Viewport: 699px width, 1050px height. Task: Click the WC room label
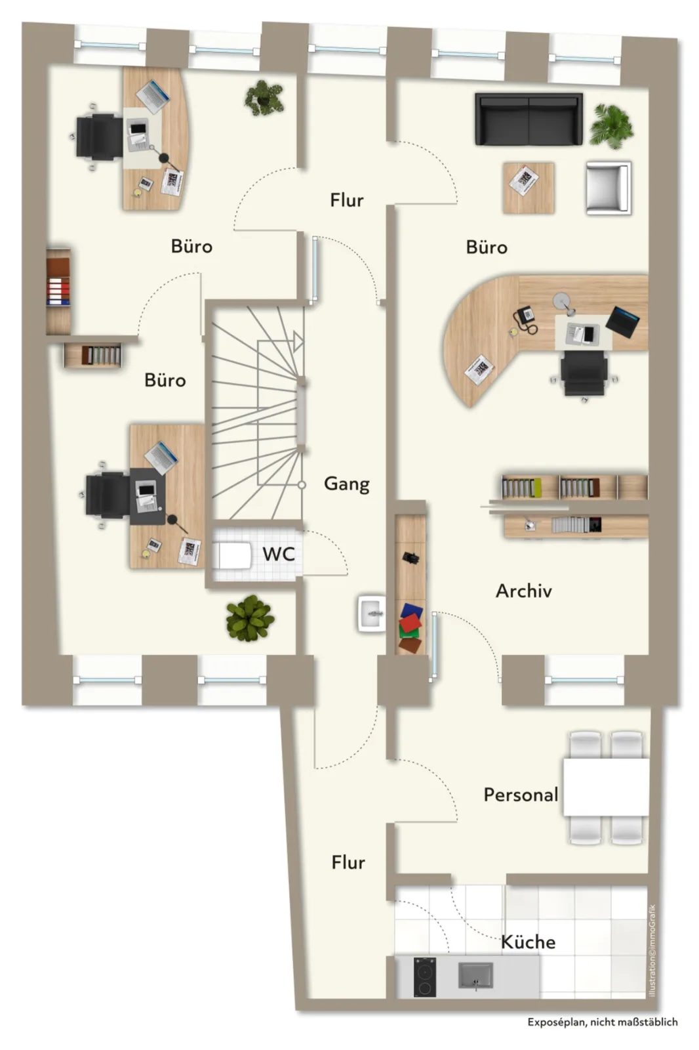point(278,554)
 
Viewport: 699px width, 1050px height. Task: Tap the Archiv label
point(524,591)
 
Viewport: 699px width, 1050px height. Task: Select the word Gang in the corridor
point(347,484)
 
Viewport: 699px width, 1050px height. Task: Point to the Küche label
point(529,942)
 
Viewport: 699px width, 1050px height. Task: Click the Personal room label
point(521,795)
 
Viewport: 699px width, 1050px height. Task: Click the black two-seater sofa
point(529,119)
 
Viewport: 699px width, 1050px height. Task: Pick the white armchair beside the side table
point(608,188)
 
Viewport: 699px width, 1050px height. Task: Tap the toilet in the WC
point(232,555)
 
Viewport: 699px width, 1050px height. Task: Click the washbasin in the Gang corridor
point(372,613)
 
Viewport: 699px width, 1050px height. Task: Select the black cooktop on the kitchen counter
point(424,977)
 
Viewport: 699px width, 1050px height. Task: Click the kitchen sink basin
point(475,975)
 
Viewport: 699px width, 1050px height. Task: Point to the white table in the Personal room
point(606,787)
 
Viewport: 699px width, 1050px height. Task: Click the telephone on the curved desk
point(525,320)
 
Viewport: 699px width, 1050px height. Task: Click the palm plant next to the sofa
point(611,125)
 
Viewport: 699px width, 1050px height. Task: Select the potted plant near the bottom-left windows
point(250,618)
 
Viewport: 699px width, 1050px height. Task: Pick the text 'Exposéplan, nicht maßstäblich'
point(603,1022)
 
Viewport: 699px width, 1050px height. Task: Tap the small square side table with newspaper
point(529,188)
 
